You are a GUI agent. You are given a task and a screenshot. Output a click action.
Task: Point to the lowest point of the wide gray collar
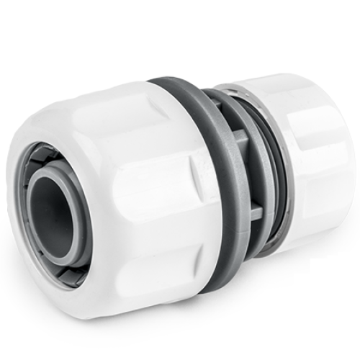[x=209, y=291]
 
